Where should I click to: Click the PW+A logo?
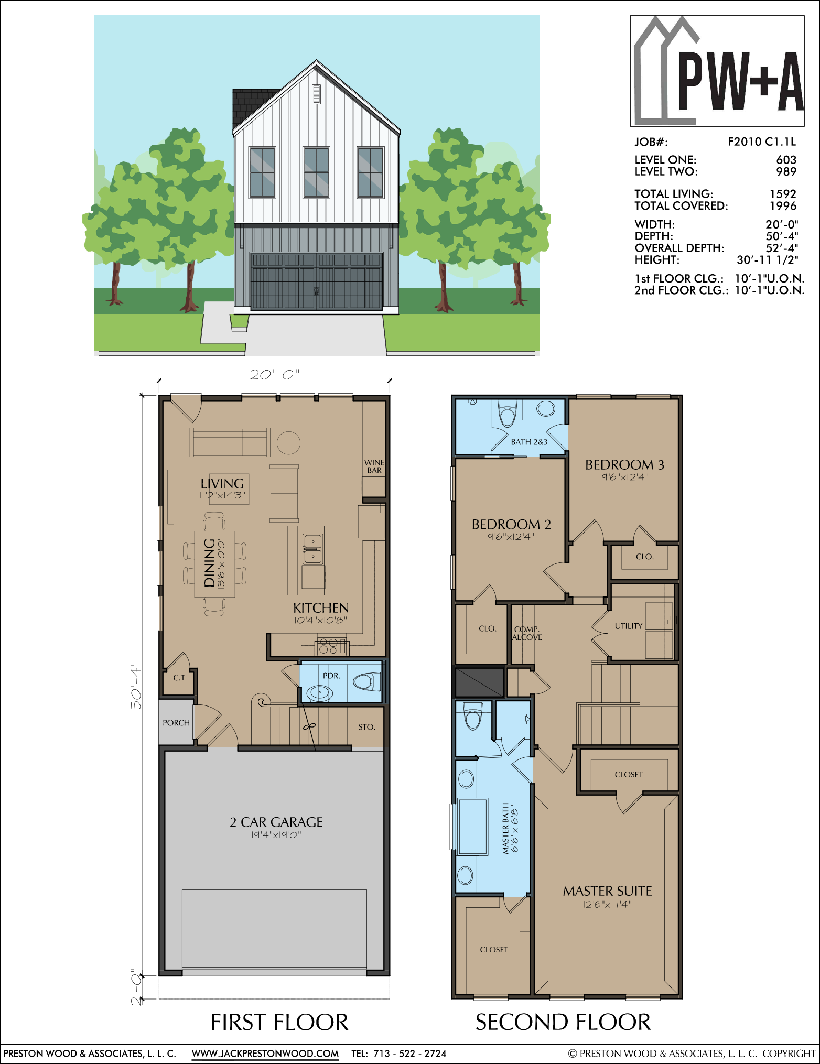tap(717, 71)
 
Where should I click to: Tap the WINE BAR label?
tap(374, 466)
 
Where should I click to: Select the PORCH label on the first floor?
tap(176, 723)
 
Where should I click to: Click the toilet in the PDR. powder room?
tap(367, 681)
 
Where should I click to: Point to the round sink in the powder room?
tap(319, 693)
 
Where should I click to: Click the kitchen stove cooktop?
tap(331, 646)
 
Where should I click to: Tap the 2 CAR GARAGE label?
tap(276, 822)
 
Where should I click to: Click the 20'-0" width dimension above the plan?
tap(274, 375)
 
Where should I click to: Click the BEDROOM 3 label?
tap(624, 465)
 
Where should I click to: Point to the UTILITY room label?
tap(629, 626)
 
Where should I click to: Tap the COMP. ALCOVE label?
tap(527, 633)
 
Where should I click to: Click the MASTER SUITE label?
tap(608, 891)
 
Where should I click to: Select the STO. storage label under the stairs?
tap(367, 727)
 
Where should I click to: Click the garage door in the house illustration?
tap(316, 281)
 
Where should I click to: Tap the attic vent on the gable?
tap(316, 94)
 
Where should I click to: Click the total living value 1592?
tap(783, 194)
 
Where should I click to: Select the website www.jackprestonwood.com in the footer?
tap(265, 1054)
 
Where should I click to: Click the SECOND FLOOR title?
tap(563, 1022)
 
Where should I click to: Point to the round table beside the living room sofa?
tap(288, 443)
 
